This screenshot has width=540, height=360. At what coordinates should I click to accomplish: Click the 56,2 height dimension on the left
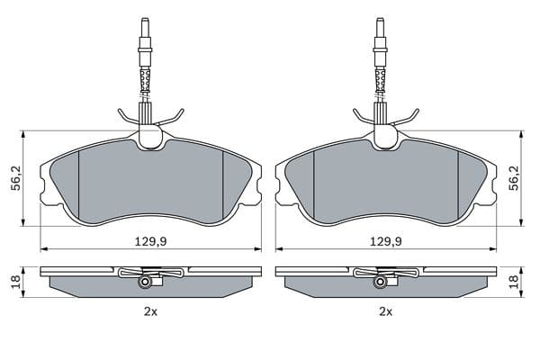tap(16, 178)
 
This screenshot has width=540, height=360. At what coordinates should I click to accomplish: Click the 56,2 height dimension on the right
tap(515, 178)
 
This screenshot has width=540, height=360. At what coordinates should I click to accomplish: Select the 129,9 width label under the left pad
tap(150, 242)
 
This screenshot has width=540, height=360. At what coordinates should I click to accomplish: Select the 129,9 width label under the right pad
tap(386, 242)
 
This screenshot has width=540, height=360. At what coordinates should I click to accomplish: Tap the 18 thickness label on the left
tap(16, 282)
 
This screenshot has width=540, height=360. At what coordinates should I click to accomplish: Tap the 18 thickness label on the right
tap(514, 282)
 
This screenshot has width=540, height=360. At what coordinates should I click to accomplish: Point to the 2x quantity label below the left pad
tap(150, 312)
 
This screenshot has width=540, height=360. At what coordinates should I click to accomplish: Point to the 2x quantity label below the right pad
tap(386, 312)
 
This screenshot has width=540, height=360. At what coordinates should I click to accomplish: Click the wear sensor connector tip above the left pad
tap(145, 22)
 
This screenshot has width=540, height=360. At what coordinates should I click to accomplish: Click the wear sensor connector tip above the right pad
tap(381, 22)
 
